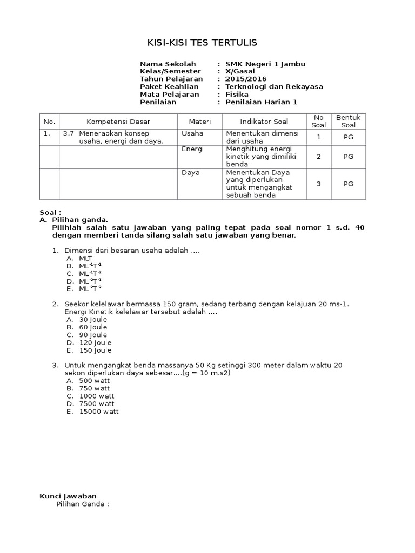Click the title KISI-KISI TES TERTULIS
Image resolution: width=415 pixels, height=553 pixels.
point(203,43)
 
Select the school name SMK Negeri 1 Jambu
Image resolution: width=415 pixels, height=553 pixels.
point(265,64)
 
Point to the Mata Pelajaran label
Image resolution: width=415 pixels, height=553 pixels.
point(169,94)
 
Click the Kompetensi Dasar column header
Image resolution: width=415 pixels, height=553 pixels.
point(119,122)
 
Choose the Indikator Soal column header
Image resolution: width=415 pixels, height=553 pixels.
point(264,122)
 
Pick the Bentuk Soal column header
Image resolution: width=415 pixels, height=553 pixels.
point(348,122)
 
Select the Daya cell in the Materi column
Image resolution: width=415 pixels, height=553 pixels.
point(190,172)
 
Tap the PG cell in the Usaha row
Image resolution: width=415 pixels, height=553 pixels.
point(348,137)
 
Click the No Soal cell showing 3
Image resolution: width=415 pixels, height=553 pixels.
point(319,184)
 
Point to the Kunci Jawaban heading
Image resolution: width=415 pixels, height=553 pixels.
point(68,496)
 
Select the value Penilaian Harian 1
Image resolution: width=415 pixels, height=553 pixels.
point(261,102)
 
